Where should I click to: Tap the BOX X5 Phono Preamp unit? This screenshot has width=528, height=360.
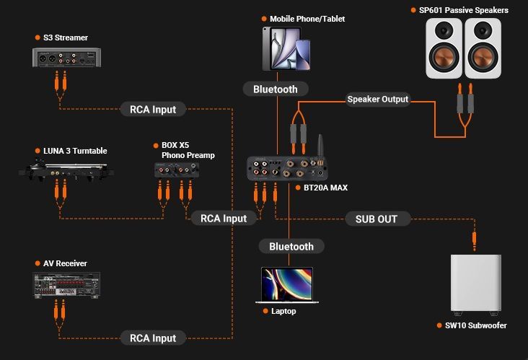pyautogui.click(x=176, y=170)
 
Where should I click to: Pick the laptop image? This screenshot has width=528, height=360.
pyautogui.click(x=287, y=285)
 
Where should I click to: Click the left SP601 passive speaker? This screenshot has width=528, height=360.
pyautogui.click(x=444, y=48)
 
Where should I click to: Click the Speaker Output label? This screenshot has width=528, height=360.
pyautogui.click(x=378, y=99)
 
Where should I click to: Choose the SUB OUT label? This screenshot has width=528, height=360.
pyautogui.click(x=377, y=219)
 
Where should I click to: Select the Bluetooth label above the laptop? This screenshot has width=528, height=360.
pyautogui.click(x=291, y=247)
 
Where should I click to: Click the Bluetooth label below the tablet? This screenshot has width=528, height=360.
pyautogui.click(x=276, y=89)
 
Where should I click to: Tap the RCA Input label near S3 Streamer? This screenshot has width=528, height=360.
pyautogui.click(x=153, y=110)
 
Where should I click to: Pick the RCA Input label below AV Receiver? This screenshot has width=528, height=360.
pyautogui.click(x=153, y=338)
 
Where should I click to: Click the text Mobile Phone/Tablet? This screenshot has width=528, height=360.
pyautogui.click(x=307, y=19)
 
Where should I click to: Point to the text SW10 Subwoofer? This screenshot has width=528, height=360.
pyautogui.click(x=475, y=325)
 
